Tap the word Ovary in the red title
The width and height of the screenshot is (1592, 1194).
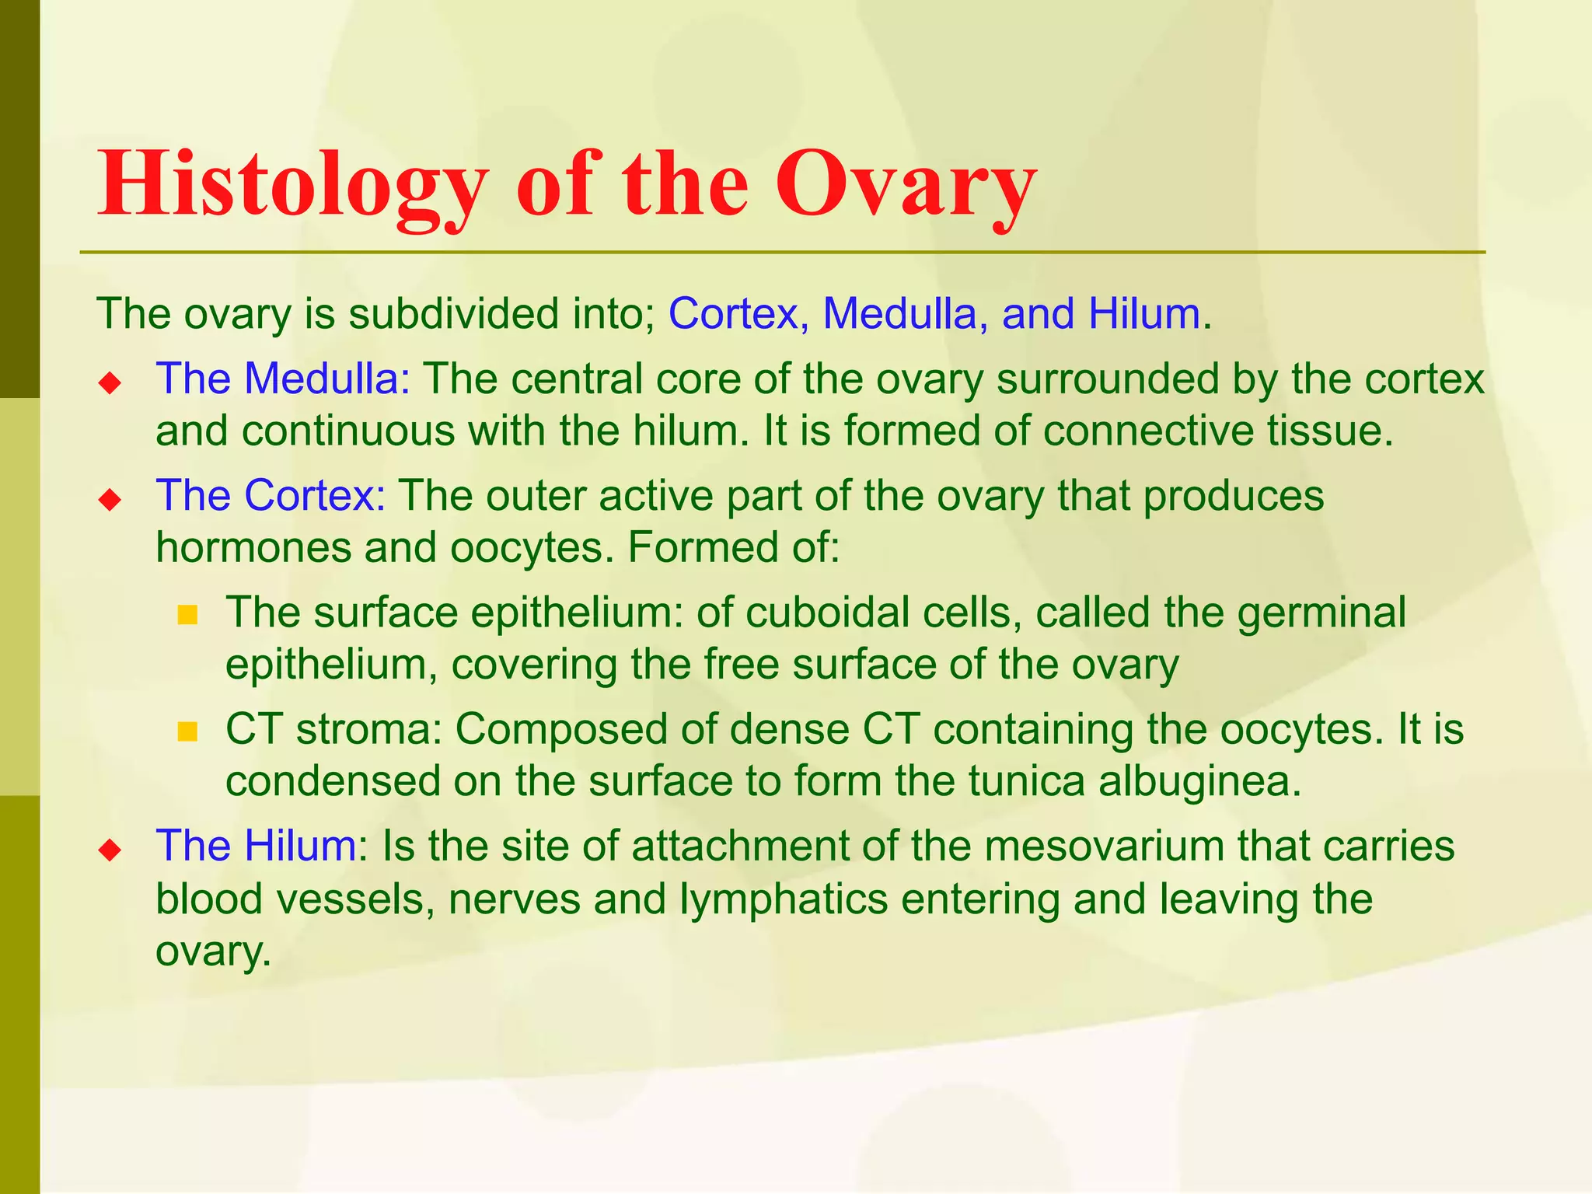pyautogui.click(x=906, y=185)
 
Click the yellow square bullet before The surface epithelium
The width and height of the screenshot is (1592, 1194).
pyautogui.click(x=187, y=616)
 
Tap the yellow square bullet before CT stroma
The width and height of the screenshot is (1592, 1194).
pyautogui.click(x=187, y=731)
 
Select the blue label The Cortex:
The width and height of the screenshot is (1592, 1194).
pyautogui.click(x=271, y=495)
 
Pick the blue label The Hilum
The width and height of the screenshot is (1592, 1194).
pyautogui.click(x=257, y=845)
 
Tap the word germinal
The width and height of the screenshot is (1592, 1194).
pyautogui.click(x=1321, y=613)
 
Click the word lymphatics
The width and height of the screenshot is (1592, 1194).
pyautogui.click(x=784, y=899)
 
